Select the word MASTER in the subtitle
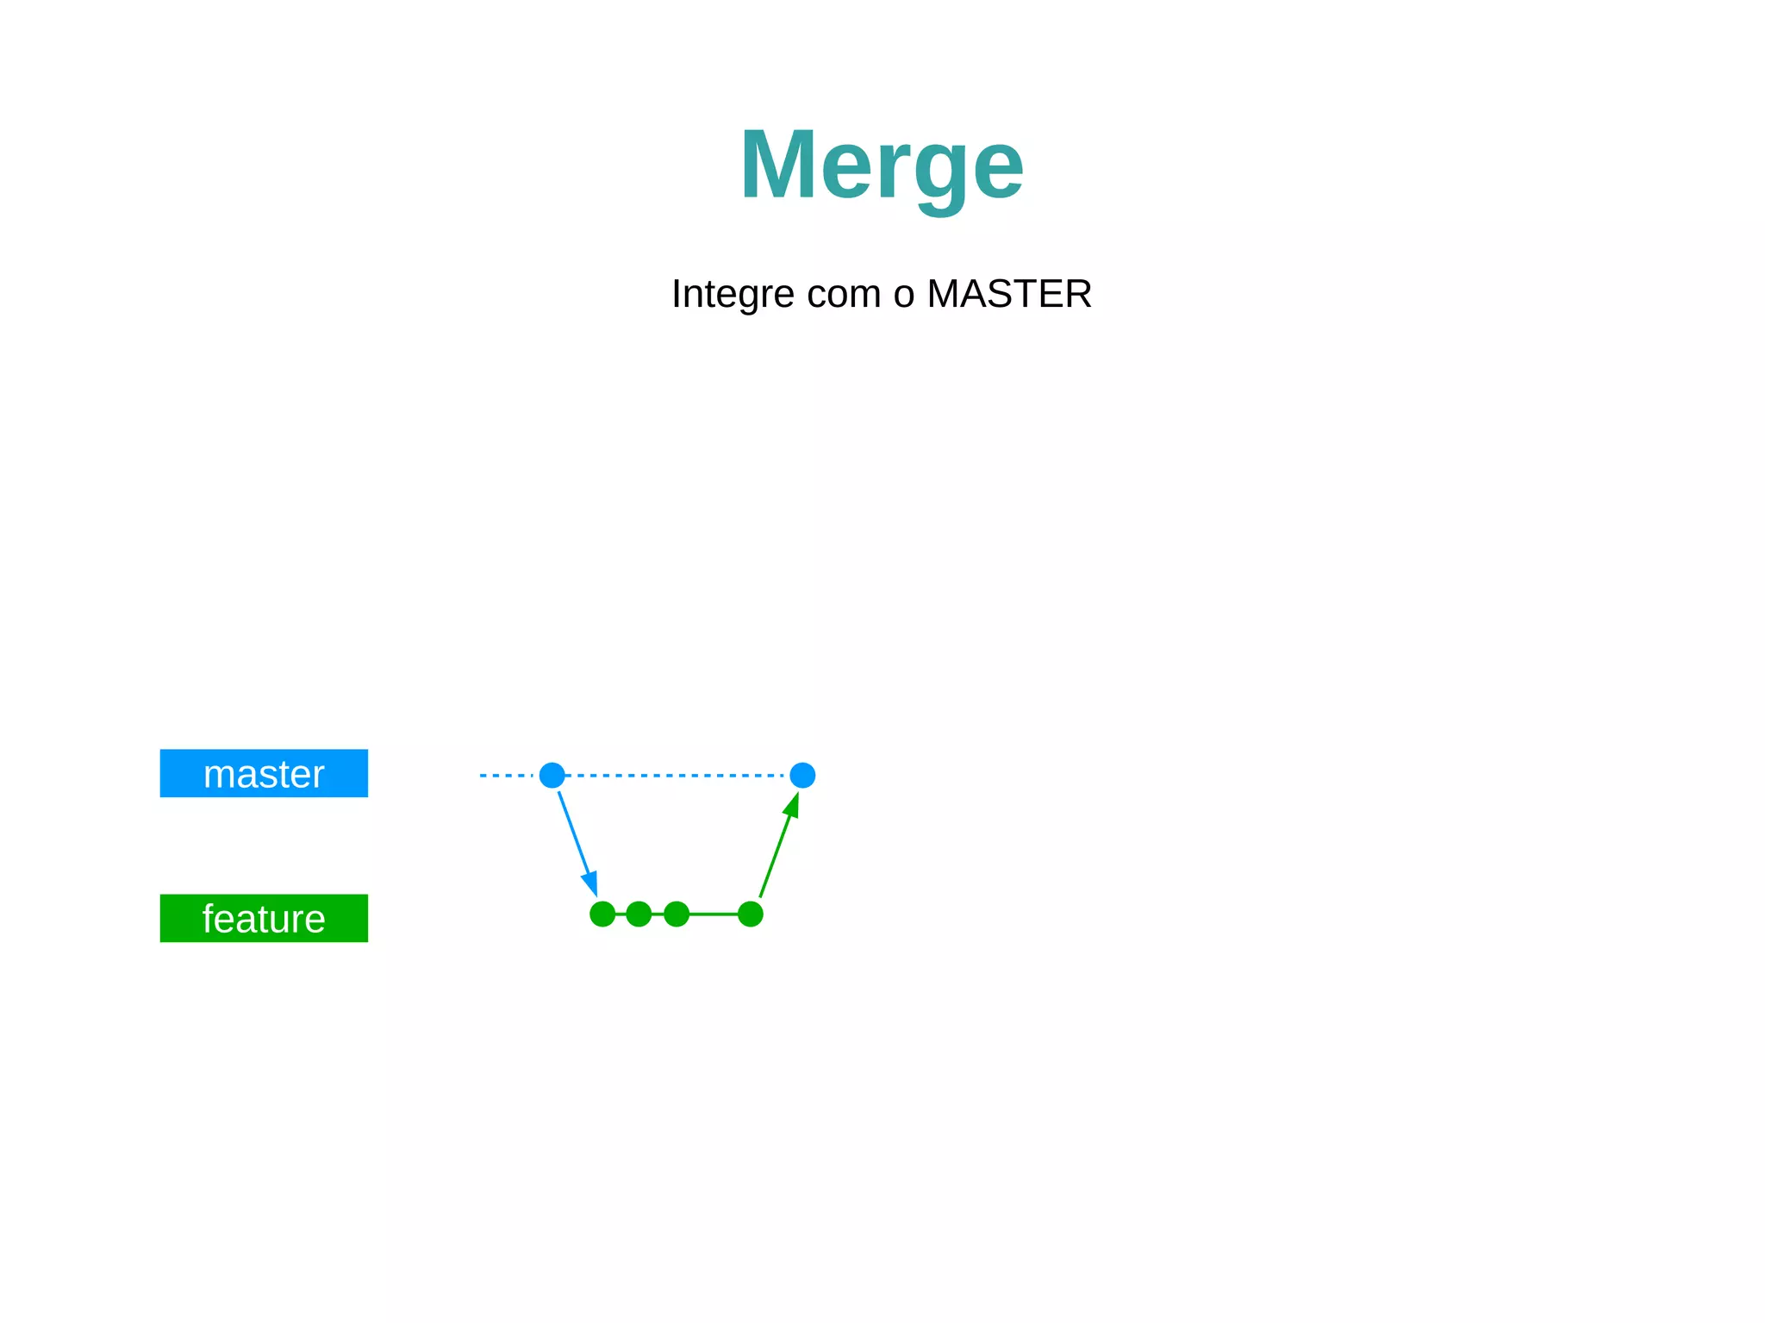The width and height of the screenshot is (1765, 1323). (1008, 295)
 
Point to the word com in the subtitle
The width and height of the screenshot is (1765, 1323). (844, 295)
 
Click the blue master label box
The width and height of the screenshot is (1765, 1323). (264, 773)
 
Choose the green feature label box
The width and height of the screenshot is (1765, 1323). (264, 918)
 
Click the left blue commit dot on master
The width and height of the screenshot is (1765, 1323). (552, 775)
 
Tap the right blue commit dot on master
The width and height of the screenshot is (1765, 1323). (802, 775)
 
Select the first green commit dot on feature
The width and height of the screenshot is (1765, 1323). (602, 914)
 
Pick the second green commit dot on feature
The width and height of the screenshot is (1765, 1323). (639, 914)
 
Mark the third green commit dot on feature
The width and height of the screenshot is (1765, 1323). (677, 914)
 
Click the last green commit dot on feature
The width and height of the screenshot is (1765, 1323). (751, 914)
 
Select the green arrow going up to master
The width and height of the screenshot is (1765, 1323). (776, 853)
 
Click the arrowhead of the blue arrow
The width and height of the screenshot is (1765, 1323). (591, 884)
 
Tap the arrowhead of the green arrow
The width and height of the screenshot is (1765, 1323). (791, 806)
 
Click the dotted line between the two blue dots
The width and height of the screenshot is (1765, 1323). (677, 775)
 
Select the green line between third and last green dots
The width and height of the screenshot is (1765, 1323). (714, 914)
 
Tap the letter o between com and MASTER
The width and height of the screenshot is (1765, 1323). (903, 295)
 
